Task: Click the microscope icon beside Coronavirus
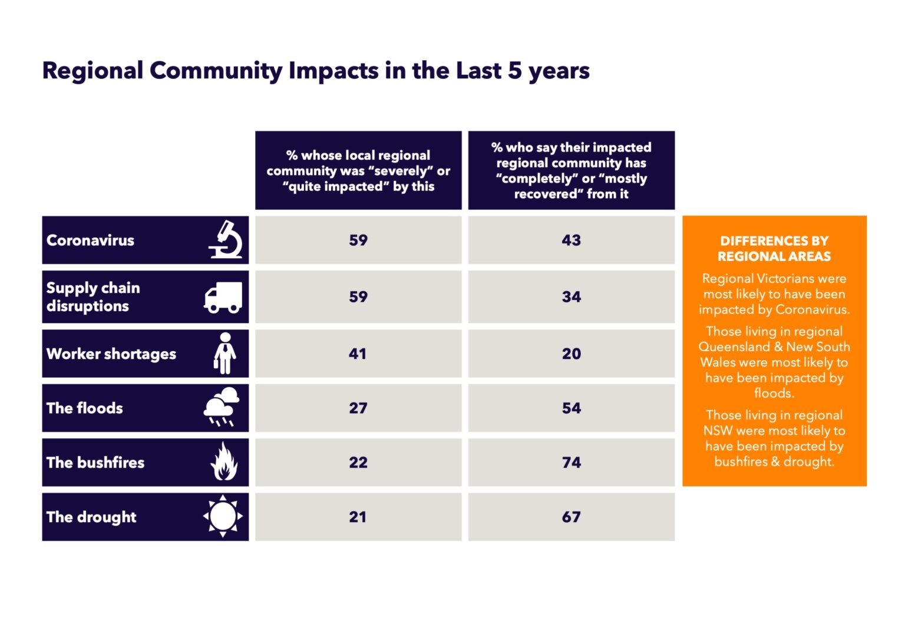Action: [x=226, y=240]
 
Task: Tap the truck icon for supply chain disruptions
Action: [x=223, y=297]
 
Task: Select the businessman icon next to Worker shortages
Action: [x=224, y=354]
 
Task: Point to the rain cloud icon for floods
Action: [x=221, y=407]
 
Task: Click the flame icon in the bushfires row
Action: [x=224, y=462]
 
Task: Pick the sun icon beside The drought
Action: [x=223, y=516]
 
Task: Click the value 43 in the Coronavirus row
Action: [x=571, y=240]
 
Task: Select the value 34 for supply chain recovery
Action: [x=571, y=297]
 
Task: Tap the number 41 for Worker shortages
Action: [x=358, y=354]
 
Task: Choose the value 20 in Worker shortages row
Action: [x=571, y=354]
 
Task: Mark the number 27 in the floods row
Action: [x=358, y=408]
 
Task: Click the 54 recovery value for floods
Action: [x=571, y=408]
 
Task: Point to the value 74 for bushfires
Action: [x=571, y=463]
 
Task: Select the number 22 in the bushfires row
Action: [x=358, y=463]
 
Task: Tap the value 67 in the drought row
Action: [x=571, y=517]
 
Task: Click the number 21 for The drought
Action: [x=358, y=517]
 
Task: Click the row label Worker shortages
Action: [x=111, y=354]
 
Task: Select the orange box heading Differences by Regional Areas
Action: [x=774, y=249]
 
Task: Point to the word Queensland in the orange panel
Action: [x=734, y=347]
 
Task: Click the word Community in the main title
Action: [x=216, y=71]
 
